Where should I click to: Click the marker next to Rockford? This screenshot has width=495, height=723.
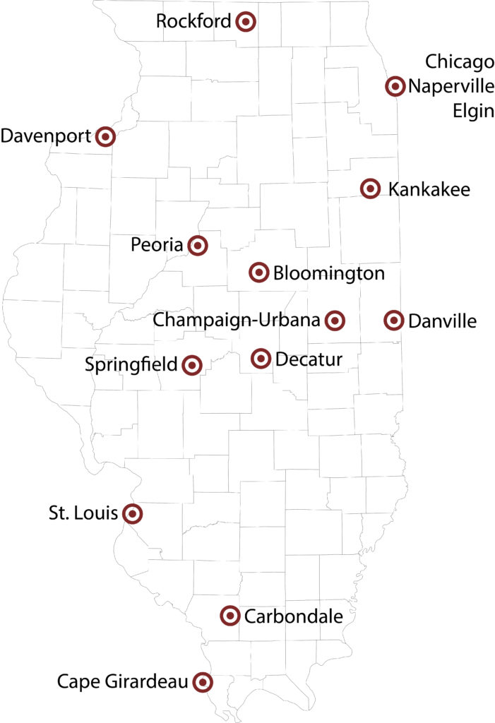[245, 22]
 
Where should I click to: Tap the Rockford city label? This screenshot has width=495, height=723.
[193, 22]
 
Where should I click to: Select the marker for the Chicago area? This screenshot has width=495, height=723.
[395, 86]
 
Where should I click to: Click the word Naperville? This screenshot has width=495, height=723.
[451, 87]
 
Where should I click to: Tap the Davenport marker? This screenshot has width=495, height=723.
[105, 136]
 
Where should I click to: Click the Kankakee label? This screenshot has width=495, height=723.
[429, 189]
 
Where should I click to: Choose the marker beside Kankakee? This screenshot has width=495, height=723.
[370, 189]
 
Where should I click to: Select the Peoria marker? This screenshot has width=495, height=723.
[198, 246]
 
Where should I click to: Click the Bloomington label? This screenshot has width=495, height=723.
[328, 273]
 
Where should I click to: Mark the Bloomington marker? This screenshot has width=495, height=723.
[259, 272]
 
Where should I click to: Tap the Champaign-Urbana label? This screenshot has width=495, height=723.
[237, 320]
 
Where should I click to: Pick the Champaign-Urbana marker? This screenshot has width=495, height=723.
[335, 321]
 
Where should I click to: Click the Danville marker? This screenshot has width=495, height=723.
[394, 321]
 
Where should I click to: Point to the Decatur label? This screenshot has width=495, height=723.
[309, 360]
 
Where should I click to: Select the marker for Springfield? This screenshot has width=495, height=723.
[192, 365]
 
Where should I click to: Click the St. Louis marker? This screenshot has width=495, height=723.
[132, 513]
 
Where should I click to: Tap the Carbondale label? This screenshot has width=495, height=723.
[293, 616]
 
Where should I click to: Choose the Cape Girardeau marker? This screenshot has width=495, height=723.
[203, 682]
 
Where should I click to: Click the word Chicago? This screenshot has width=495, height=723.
[459, 62]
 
